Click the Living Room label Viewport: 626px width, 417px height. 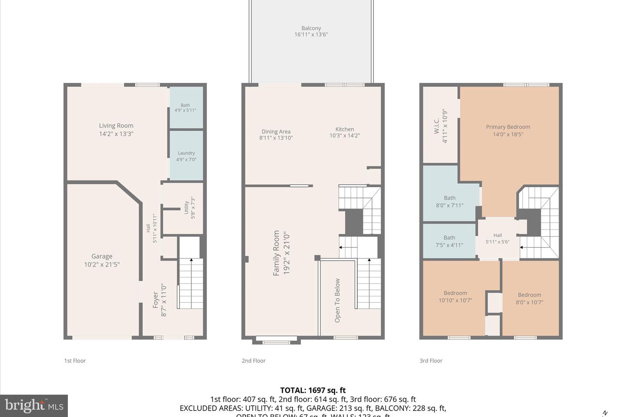pos(116,126)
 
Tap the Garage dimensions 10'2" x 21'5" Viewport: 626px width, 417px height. pos(102,265)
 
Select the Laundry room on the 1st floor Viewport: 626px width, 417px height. pos(186,156)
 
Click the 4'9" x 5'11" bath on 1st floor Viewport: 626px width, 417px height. pos(185,108)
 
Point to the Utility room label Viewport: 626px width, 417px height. pos(186,207)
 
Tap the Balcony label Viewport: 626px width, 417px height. pos(311,28)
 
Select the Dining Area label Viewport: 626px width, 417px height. pos(276,132)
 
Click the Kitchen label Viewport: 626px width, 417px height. pos(344,129)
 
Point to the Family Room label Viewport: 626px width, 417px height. pos(276,253)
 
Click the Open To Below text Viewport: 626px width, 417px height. pos(337,300)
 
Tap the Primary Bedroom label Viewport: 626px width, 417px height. pos(508,127)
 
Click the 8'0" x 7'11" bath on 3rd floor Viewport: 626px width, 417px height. pos(450,202)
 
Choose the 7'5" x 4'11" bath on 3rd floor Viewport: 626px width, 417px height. pos(449,241)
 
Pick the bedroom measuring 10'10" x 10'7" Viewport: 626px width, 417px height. pos(455,297)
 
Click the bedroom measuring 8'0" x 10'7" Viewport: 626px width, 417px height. pos(529,298)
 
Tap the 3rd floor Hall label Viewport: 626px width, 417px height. pos(497,235)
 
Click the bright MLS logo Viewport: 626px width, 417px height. pos(34,406)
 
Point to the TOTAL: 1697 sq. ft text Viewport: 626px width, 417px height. pos(313,390)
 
